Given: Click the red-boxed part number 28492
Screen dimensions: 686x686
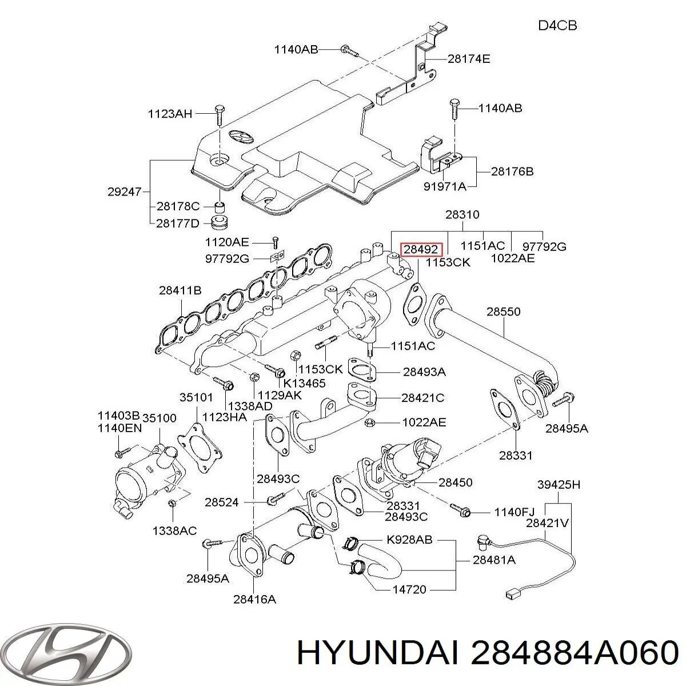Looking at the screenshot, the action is coord(421,250).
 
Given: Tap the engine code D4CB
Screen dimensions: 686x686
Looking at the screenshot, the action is coord(557,26).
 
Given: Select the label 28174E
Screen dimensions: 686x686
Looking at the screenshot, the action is coord(469,59).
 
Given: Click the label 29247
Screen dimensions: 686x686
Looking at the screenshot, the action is coord(125,192).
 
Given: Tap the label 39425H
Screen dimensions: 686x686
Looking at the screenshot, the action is coord(559,484).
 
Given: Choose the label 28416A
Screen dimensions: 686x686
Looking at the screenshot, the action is coord(254,600).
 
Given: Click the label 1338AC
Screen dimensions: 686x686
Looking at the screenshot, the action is coord(174,531).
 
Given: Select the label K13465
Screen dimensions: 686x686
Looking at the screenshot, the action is coord(304,383).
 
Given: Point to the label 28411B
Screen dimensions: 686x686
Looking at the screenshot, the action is coord(180,290).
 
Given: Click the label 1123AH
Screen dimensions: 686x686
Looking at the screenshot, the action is coord(170,114).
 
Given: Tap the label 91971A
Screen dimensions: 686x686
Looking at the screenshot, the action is coord(445,186).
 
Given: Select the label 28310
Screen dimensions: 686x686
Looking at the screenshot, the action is coord(462,214).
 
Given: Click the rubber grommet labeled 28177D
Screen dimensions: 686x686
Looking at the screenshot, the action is coord(220,222).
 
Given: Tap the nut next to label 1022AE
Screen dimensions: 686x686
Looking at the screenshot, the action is coord(369,423).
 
